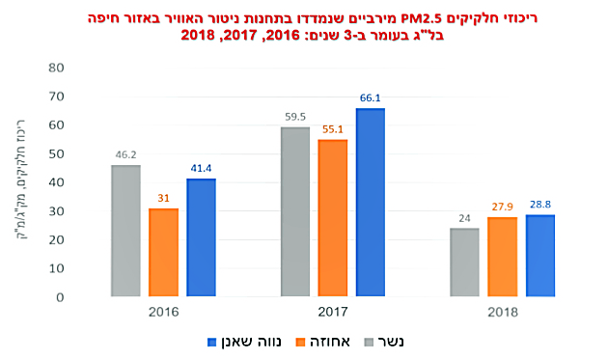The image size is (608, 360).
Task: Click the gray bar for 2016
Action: click(x=125, y=231)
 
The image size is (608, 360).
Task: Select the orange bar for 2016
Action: click(x=164, y=253)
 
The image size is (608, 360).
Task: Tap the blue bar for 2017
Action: click(x=371, y=203)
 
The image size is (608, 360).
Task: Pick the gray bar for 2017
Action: click(x=295, y=211)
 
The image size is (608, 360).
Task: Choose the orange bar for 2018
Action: click(x=502, y=257)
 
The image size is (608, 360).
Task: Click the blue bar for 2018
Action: click(x=540, y=256)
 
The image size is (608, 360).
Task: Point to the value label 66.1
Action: click(x=371, y=98)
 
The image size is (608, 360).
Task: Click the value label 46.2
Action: click(x=126, y=154)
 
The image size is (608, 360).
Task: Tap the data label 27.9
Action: click(x=503, y=207)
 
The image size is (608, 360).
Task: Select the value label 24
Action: click(x=464, y=218)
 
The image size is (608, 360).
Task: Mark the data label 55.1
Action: click(x=333, y=129)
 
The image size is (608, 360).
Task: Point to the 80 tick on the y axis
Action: click(x=56, y=68)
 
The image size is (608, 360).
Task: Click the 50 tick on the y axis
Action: click(x=56, y=154)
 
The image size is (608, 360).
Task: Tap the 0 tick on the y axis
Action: click(x=60, y=297)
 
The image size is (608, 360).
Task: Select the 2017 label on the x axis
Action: click(x=333, y=312)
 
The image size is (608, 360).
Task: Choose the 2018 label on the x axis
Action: click(x=503, y=312)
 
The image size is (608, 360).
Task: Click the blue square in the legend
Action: click(x=211, y=343)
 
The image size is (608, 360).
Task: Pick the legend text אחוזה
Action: click(x=330, y=342)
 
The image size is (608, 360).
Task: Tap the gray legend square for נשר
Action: click(x=369, y=343)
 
